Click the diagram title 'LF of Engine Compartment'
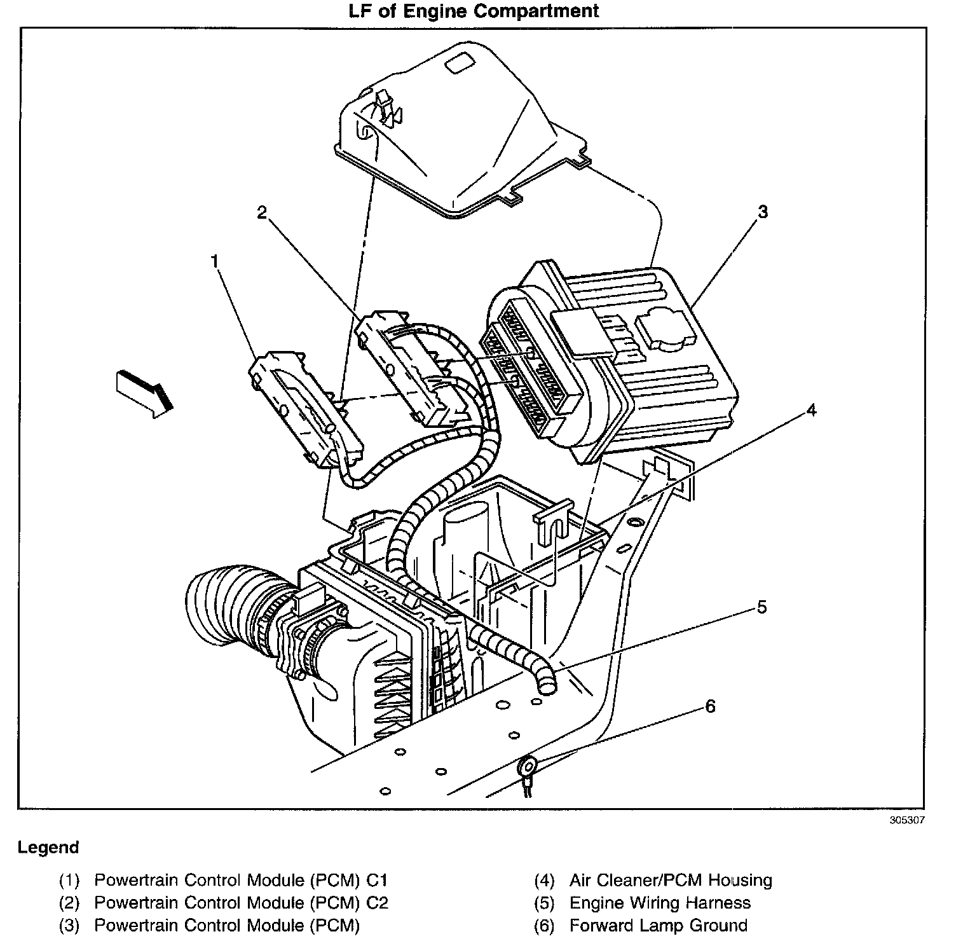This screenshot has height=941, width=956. click(474, 11)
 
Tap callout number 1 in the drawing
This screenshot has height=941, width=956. click(215, 261)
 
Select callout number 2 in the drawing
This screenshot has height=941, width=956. click(262, 213)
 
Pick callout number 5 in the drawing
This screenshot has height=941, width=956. click(761, 607)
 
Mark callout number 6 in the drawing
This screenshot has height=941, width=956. click(710, 706)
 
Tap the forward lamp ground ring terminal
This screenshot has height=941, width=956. click(526, 767)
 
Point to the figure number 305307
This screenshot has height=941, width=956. click(907, 820)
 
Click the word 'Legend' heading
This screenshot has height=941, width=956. click(49, 848)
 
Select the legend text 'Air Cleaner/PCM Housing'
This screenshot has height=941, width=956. click(671, 881)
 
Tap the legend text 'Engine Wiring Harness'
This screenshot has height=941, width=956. click(660, 903)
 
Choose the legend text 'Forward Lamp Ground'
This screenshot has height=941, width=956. click(659, 925)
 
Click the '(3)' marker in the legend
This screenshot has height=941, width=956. click(69, 925)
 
